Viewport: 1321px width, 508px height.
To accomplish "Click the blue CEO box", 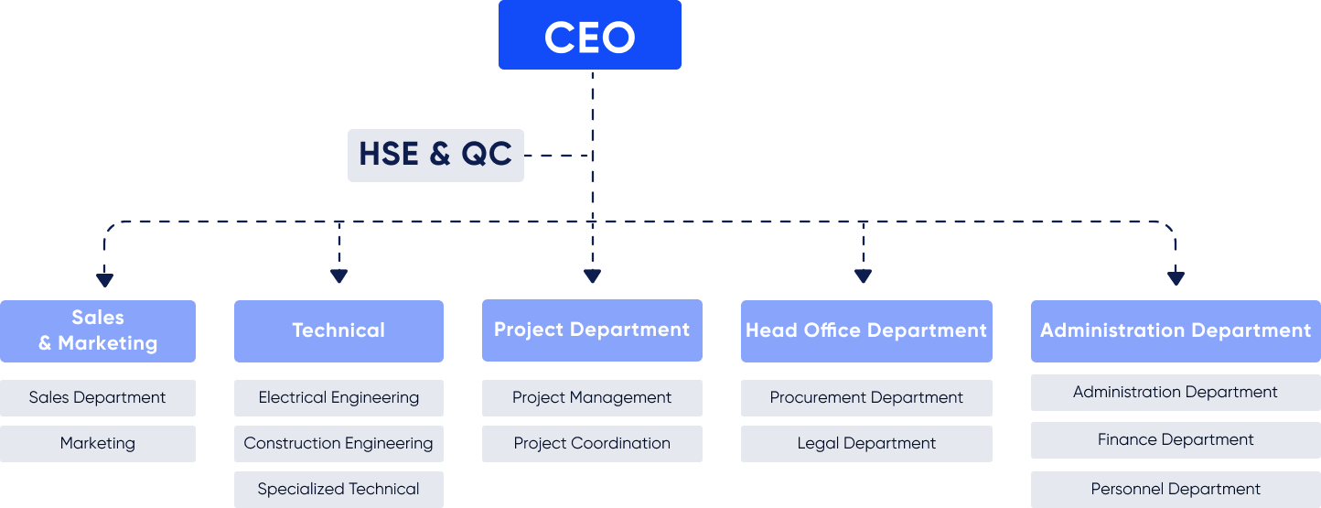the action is point(590,35).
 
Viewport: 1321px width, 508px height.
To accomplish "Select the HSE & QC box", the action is point(435,156).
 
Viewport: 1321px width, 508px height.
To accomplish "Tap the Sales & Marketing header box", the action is point(98,331).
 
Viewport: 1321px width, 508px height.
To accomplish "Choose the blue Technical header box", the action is point(338,331).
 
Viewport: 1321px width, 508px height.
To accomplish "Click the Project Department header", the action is point(592,330).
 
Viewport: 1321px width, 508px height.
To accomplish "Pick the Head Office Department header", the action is point(866,331).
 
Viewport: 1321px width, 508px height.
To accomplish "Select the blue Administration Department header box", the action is point(1176,331).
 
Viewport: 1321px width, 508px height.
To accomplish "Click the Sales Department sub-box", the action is point(98,397).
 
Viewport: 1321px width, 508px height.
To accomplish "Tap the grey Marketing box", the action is point(98,444).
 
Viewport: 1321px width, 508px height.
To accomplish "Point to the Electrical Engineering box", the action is point(338,397).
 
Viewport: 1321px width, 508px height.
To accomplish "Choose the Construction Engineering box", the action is point(338,444).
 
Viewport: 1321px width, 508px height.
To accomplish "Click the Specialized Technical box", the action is point(338,490).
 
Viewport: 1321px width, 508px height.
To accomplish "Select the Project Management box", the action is point(592,397).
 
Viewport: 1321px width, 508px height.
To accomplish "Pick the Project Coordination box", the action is point(592,444).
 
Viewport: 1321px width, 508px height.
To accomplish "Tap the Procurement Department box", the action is point(866,397).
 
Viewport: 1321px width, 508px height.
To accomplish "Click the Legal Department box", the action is point(866,444).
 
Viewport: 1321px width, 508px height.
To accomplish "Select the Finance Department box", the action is point(1176,440).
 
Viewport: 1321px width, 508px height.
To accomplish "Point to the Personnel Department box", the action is point(1176,490).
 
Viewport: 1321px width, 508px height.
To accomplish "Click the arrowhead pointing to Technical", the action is point(339,276).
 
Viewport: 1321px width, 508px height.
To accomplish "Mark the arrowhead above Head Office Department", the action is point(864,276).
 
